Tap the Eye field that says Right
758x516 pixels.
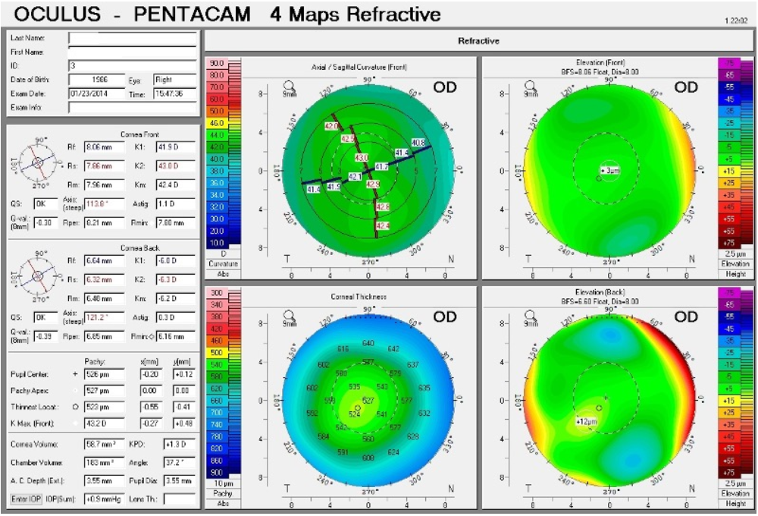pyautogui.click(x=174, y=79)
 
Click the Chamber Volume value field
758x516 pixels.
pyautogui.click(x=104, y=462)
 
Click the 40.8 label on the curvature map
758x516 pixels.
pyautogui.click(x=418, y=143)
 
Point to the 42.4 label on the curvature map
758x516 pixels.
pyautogui.click(x=383, y=225)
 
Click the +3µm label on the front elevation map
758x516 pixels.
pyautogui.click(x=610, y=171)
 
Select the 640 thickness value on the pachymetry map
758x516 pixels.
pyautogui.click(x=368, y=344)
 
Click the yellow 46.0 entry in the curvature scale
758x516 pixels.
pyautogui.click(x=217, y=122)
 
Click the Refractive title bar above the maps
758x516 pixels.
pyautogui.click(x=478, y=40)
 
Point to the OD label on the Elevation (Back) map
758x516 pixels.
pyautogui.click(x=685, y=316)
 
